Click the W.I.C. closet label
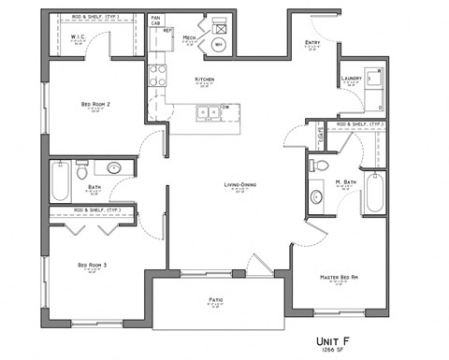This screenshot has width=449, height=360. pos(79,37)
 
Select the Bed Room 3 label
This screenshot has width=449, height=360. pos(92,266)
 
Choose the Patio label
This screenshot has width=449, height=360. pos(215,300)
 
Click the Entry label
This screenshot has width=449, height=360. pos(312,43)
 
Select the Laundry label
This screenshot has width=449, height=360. pos(352,79)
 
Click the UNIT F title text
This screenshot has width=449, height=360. pos(359,339)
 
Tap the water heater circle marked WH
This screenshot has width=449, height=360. pos(219,44)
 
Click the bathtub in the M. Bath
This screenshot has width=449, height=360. pos(375,193)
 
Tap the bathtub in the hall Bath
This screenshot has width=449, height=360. pos(60,181)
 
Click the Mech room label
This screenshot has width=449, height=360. pos(189,38)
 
